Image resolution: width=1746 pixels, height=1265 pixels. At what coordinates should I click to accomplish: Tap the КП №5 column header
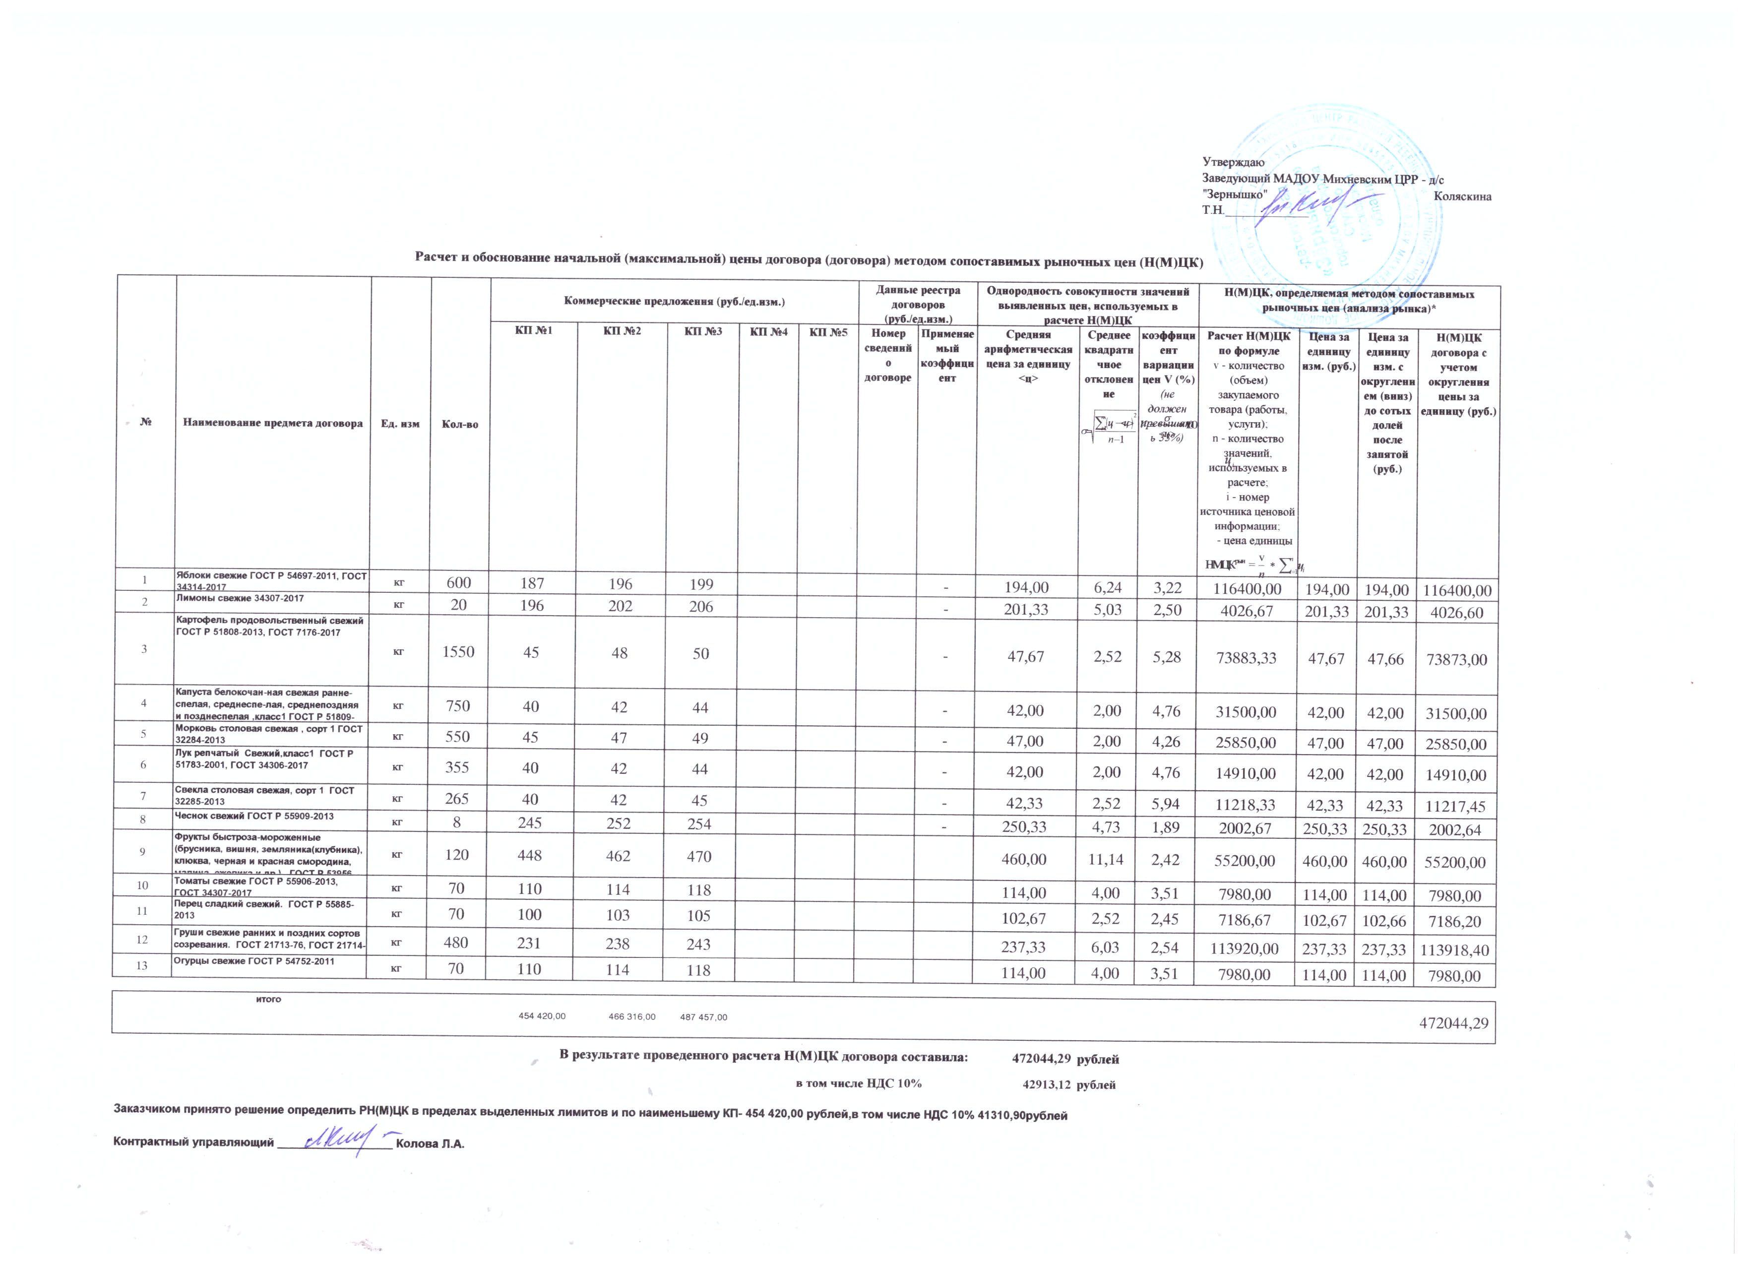coord(828,332)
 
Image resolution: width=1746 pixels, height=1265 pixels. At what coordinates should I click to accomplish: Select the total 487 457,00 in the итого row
coord(704,1017)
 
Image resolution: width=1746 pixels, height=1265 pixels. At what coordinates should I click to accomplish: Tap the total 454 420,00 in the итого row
coord(542,1016)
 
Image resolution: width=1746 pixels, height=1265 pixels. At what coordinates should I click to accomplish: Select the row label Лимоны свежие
coord(240,598)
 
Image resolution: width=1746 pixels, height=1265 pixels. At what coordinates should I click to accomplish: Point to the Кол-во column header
coord(460,424)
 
